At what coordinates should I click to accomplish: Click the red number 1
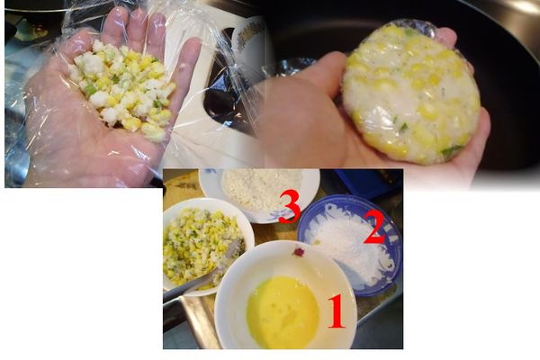coord(336,312)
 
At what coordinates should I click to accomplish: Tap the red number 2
coord(373,230)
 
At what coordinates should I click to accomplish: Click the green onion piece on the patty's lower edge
coord(449,152)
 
